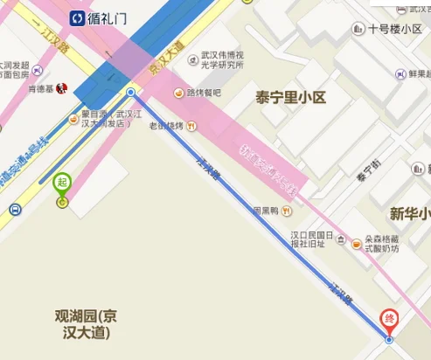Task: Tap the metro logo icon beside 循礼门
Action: (x=78, y=17)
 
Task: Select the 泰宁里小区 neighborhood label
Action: (x=290, y=97)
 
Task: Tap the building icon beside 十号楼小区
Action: (x=358, y=29)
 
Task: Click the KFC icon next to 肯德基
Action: (x=60, y=88)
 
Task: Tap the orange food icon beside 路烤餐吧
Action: (x=178, y=93)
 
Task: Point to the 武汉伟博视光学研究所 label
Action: (x=229, y=66)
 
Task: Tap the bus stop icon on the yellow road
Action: (x=14, y=210)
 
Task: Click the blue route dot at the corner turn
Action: (x=130, y=92)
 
